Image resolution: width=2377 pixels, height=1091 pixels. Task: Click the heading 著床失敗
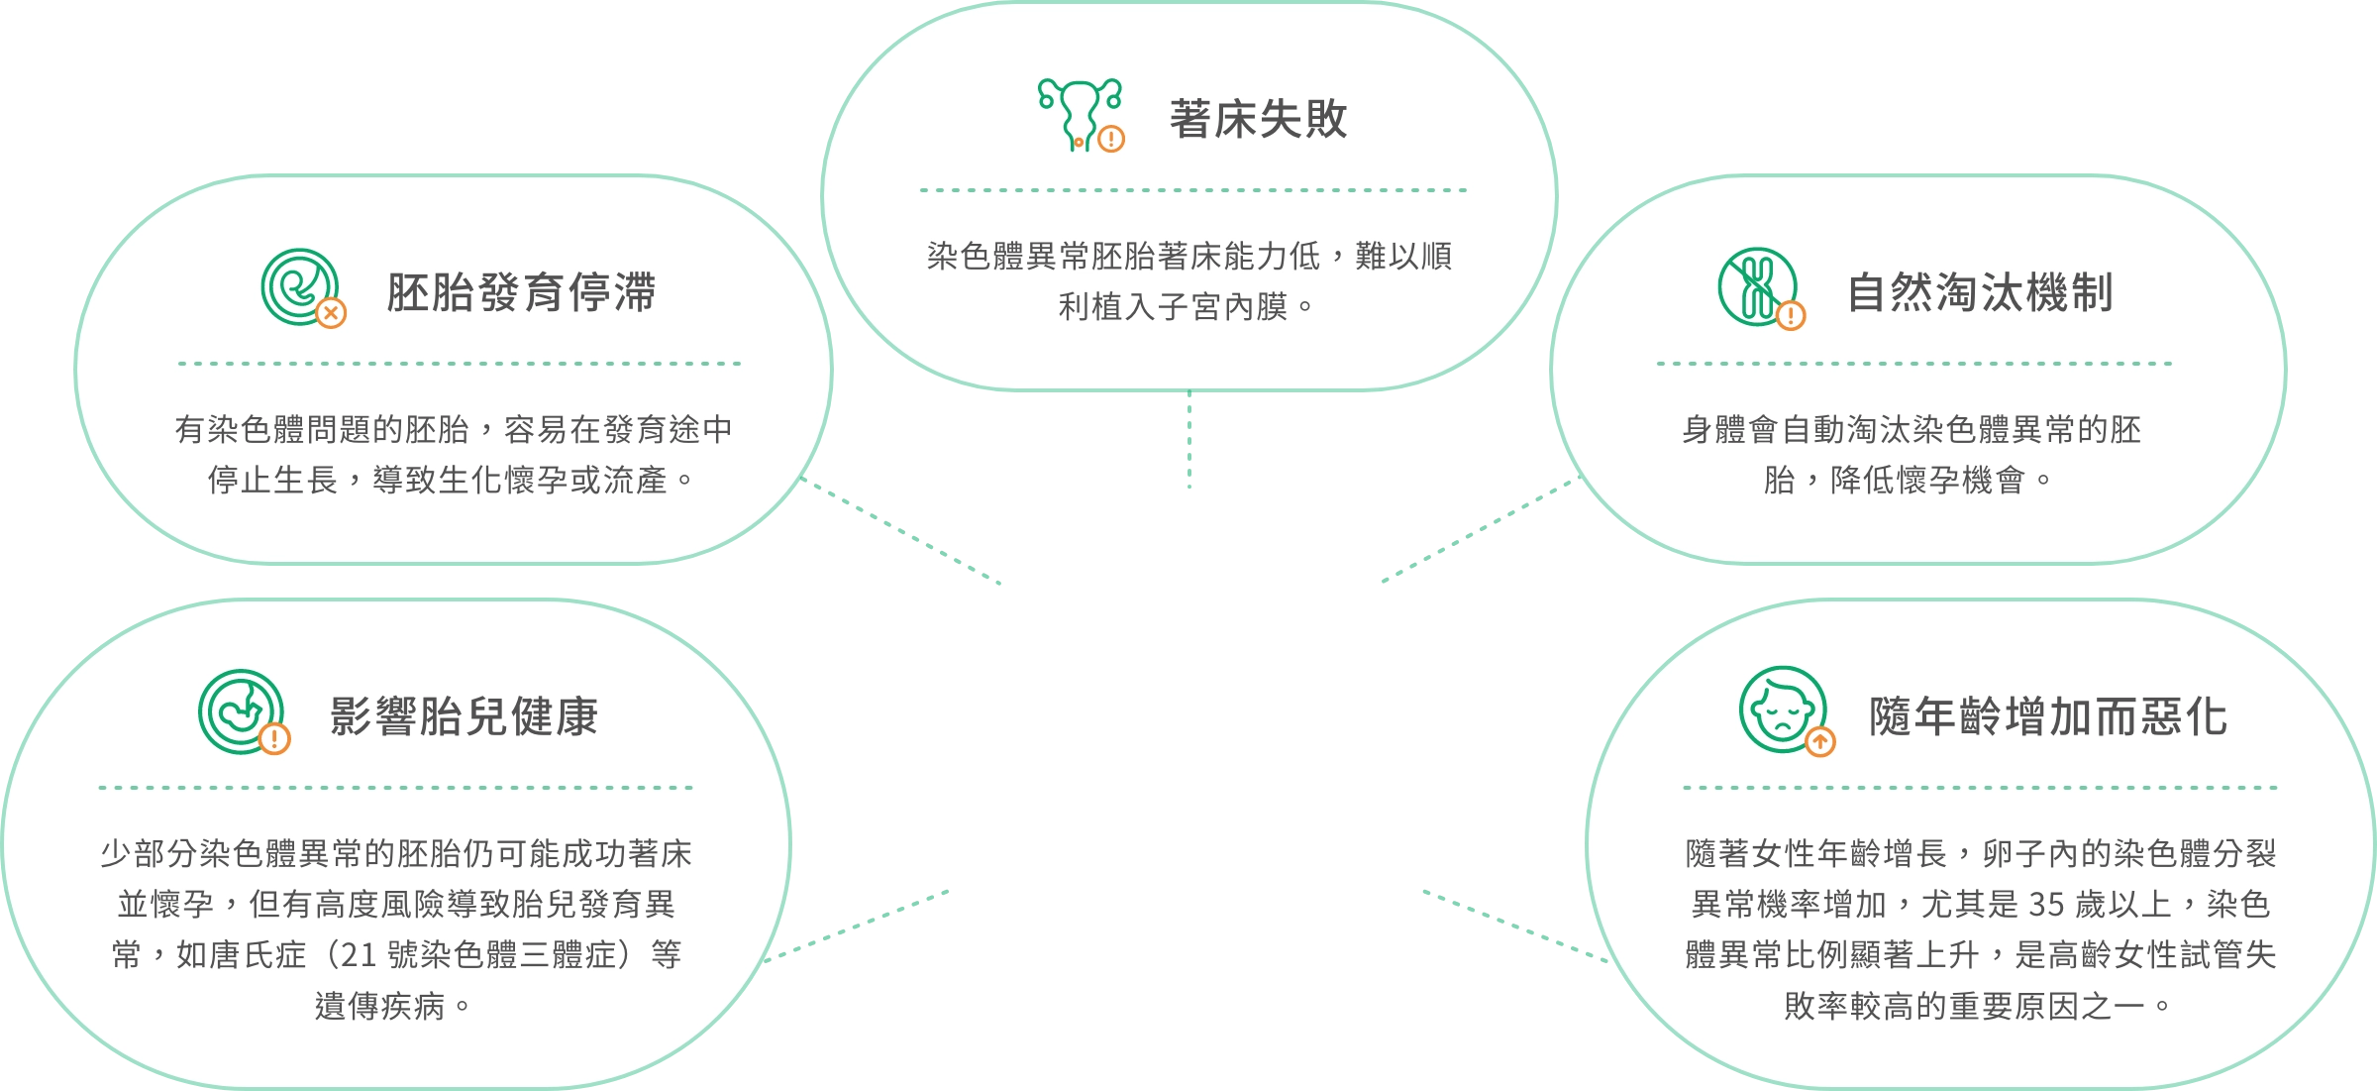click(x=1258, y=119)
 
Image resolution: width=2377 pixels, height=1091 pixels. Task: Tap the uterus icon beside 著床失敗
click(x=1081, y=115)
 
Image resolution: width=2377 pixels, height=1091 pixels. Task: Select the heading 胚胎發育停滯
click(x=521, y=292)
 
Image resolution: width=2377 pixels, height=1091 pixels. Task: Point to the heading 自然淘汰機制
click(x=1981, y=292)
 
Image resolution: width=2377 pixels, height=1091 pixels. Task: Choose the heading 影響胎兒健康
click(x=464, y=716)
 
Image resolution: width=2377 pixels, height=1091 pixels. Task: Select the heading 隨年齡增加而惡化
click(x=2048, y=716)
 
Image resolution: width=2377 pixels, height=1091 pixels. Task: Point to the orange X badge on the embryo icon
click(x=331, y=314)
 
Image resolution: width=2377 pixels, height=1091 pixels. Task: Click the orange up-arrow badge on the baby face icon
click(x=1820, y=741)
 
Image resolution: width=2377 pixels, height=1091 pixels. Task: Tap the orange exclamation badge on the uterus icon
click(x=1111, y=139)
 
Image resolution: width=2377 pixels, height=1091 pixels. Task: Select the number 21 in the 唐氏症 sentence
click(x=359, y=955)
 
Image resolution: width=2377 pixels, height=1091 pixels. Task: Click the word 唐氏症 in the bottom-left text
click(x=241, y=955)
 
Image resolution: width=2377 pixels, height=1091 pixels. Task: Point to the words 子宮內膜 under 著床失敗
click(x=1223, y=307)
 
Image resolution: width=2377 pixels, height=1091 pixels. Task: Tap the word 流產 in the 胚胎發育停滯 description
click(x=636, y=481)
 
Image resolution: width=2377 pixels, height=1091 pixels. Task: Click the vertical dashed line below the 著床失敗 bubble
click(x=1189, y=440)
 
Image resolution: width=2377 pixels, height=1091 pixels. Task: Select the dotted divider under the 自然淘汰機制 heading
click(x=1914, y=364)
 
